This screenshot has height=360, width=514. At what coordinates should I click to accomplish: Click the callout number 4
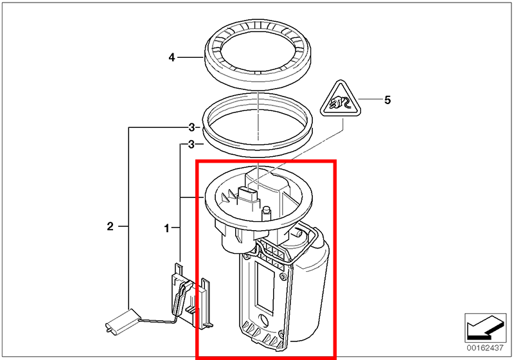pyautogui.click(x=172, y=58)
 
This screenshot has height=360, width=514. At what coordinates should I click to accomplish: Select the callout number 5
pyautogui.click(x=387, y=100)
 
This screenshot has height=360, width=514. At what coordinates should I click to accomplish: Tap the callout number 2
pyautogui.click(x=110, y=226)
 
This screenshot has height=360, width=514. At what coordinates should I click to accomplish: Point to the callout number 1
pyautogui.click(x=167, y=228)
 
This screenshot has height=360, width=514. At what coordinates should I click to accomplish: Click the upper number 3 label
pyautogui.click(x=191, y=127)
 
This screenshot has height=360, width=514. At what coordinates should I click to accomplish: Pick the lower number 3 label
pyautogui.click(x=191, y=145)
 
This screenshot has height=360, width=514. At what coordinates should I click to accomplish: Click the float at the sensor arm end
pyautogui.click(x=121, y=320)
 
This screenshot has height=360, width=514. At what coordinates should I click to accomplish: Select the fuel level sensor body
pyautogui.click(x=188, y=296)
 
